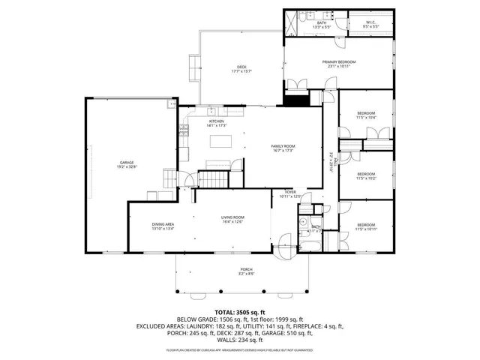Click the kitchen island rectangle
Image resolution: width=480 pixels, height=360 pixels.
point(220,141)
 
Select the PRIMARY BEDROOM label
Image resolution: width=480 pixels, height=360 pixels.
point(339,63)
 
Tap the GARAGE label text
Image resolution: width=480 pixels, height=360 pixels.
point(127,163)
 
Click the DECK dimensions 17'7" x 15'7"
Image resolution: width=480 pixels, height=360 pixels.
point(239,72)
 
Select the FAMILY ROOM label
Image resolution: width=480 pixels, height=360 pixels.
point(283,147)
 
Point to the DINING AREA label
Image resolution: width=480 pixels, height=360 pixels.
point(163,225)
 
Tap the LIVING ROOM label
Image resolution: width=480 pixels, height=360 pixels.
point(232,218)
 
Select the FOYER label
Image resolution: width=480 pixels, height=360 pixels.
point(290,193)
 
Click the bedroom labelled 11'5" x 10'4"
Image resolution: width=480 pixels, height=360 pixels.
point(366,115)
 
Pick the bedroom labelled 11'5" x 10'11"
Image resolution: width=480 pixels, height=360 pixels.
point(366,226)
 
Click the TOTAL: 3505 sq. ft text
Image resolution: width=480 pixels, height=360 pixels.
point(240,311)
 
